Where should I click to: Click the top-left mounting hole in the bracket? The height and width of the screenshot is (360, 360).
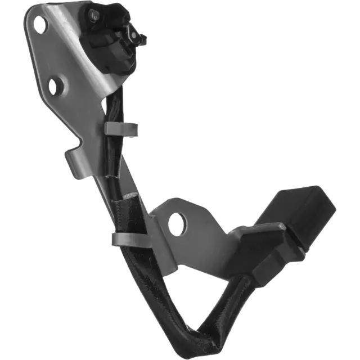pos(39,24)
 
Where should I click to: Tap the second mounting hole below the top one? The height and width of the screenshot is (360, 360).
pos(54,86)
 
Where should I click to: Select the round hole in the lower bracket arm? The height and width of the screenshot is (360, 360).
pos(176,223)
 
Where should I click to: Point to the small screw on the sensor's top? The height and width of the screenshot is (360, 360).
pos(94,15)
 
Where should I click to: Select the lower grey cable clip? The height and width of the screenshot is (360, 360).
pos(130,240)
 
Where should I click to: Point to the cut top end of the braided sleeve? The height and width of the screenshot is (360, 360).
pos(130,196)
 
